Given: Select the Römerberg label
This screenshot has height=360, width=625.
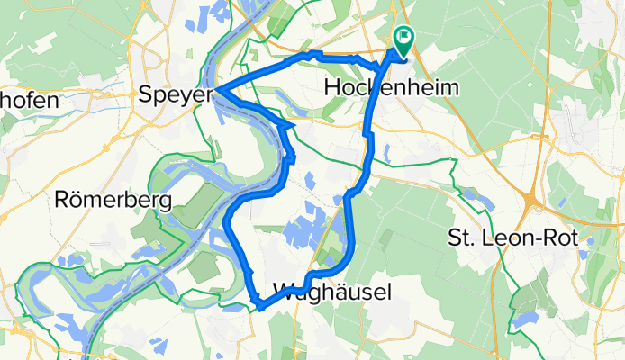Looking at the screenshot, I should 113,200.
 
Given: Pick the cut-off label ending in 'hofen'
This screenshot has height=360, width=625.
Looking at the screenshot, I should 29,100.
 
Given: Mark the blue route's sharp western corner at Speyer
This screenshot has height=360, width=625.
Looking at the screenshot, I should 213,90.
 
